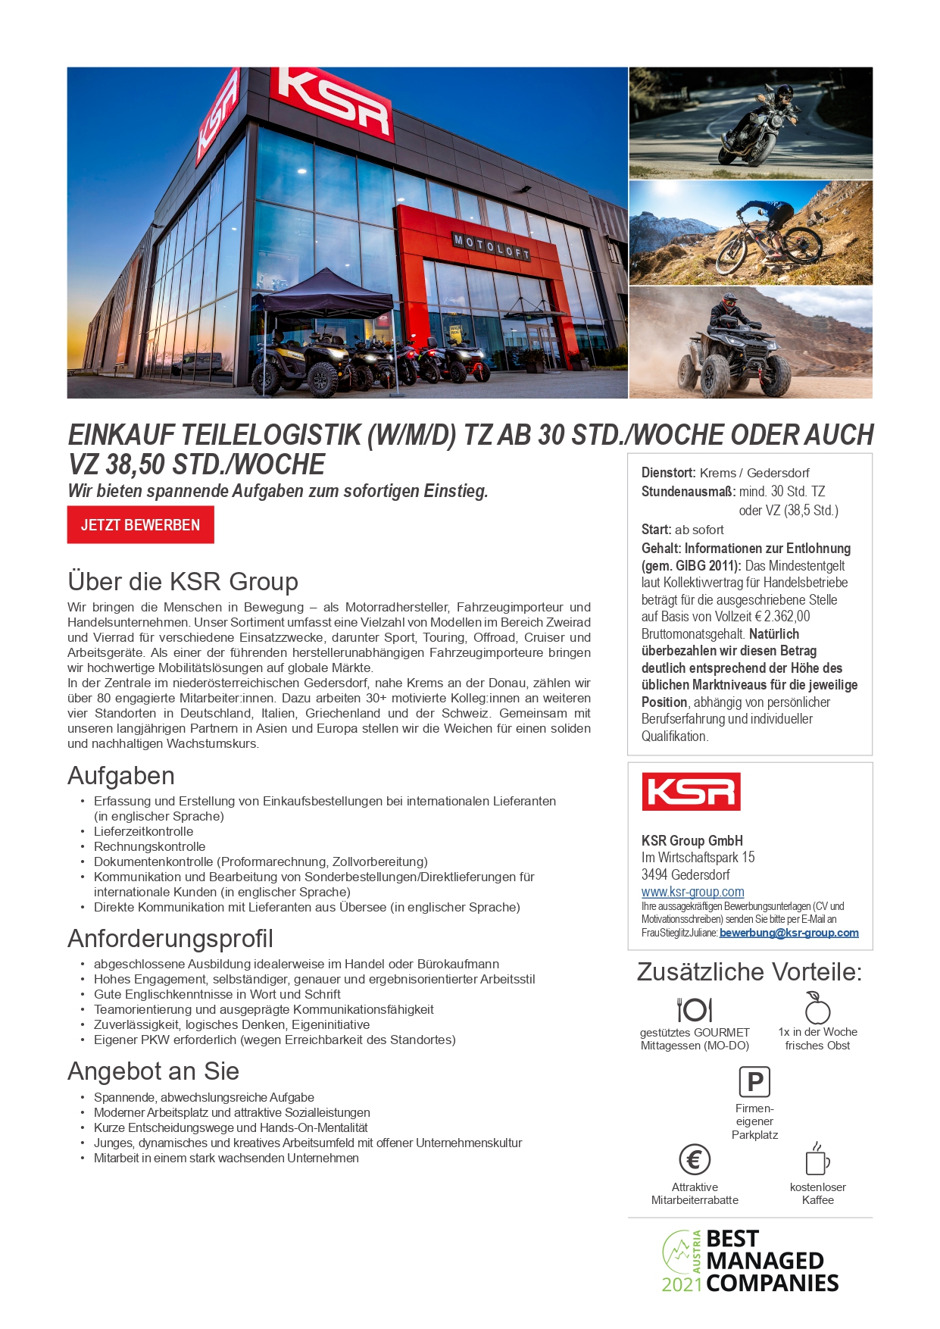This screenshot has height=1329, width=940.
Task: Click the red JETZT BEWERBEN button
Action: click(140, 525)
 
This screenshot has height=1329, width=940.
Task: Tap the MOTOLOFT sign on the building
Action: click(491, 247)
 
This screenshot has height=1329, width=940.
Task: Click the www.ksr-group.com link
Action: click(692, 892)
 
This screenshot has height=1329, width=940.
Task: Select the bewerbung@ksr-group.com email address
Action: click(789, 933)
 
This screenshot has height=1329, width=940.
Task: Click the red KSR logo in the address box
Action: click(691, 792)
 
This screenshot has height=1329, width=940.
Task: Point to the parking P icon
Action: click(754, 1082)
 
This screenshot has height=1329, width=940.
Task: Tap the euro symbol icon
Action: click(695, 1159)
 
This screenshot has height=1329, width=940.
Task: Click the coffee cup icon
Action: click(817, 1159)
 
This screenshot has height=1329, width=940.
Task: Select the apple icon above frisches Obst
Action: click(817, 1008)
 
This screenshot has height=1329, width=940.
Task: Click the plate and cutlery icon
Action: click(695, 1009)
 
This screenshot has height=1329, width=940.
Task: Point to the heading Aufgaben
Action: click(121, 776)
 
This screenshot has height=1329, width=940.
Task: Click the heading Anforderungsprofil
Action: click(170, 939)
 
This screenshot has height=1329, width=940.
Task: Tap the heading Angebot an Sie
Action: click(153, 1071)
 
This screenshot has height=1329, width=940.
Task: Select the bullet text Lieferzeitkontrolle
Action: click(143, 831)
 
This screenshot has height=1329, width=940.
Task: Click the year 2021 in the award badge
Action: click(682, 1284)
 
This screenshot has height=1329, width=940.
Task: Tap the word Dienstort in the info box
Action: click(668, 473)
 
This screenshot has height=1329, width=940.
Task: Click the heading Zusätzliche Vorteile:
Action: click(749, 971)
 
